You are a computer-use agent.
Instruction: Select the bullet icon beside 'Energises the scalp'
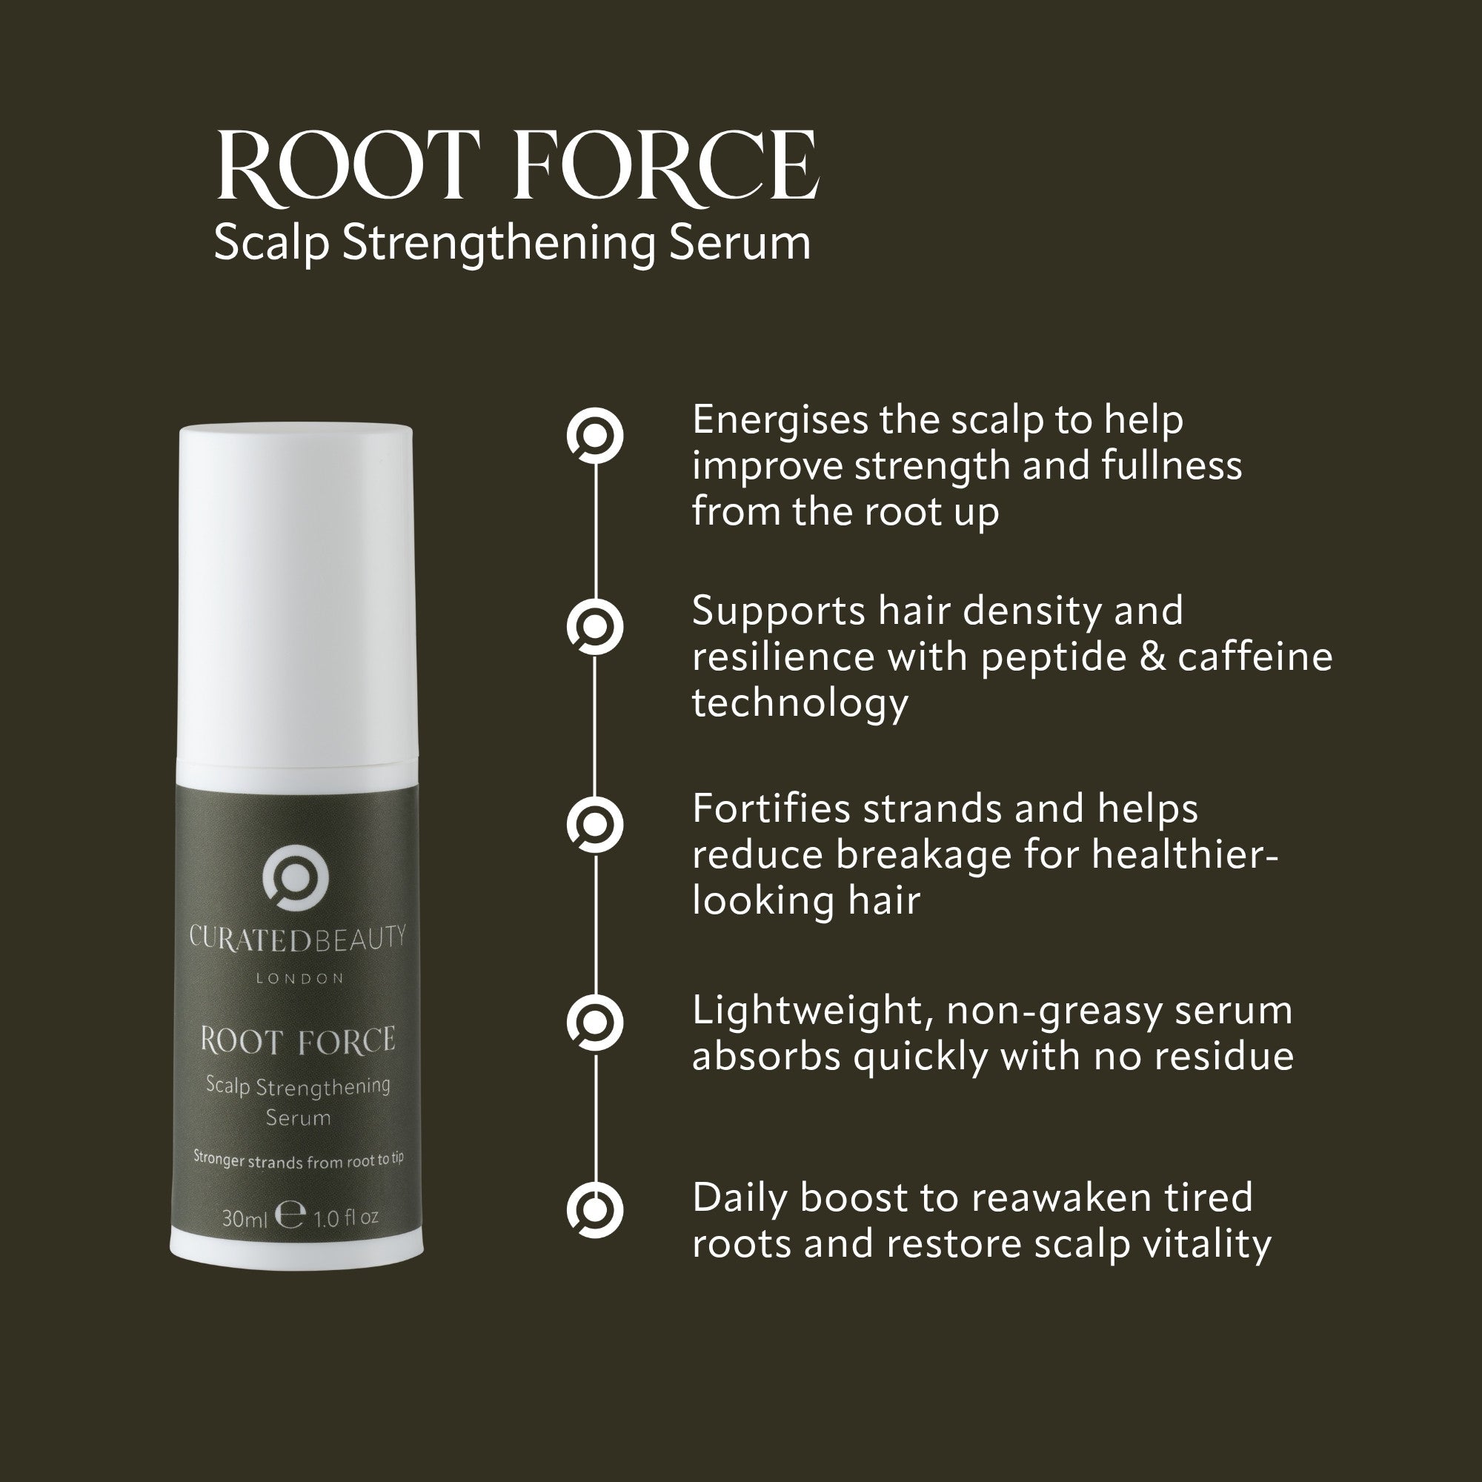tap(594, 436)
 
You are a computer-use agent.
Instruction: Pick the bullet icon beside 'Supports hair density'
tap(594, 627)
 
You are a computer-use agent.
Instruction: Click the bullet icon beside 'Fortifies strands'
tap(594, 825)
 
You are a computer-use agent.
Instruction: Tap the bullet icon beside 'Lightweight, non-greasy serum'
tap(594, 1023)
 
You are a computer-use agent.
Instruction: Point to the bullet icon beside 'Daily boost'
tap(594, 1211)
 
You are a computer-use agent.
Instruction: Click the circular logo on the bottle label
tap(296, 879)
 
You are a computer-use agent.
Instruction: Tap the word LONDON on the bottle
tap(300, 979)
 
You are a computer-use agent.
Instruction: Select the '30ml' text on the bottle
tap(244, 1218)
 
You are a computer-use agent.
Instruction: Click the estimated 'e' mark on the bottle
tap(290, 1215)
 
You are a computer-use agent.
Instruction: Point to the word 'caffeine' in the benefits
tap(1256, 657)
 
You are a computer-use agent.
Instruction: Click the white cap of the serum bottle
tap(296, 591)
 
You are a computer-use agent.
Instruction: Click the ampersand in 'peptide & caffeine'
tap(1153, 657)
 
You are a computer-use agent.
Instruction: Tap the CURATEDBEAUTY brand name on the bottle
tap(298, 939)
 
